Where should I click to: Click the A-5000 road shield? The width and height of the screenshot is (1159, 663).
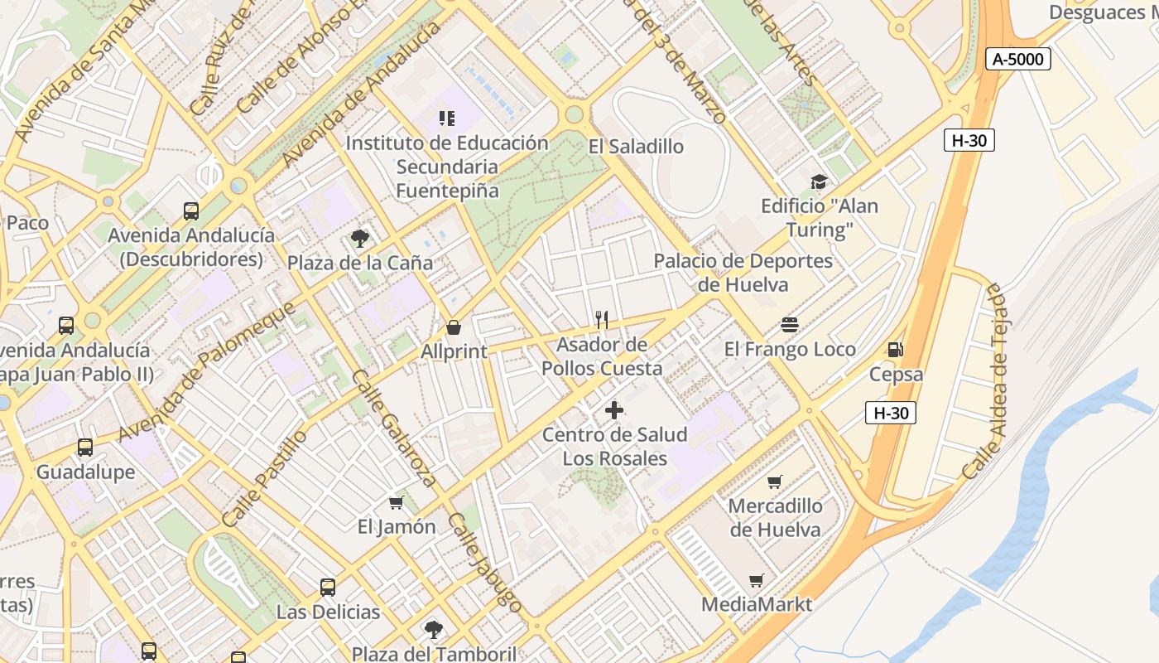pyautogui.click(x=1019, y=59)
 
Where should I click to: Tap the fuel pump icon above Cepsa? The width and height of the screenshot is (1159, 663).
pyautogui.click(x=895, y=350)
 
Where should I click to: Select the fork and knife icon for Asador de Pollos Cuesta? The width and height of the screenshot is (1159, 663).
pyautogui.click(x=603, y=319)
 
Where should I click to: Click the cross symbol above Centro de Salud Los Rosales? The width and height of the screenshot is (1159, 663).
pyautogui.click(x=614, y=409)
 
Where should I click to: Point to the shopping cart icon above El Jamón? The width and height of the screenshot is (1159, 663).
pyautogui.click(x=397, y=502)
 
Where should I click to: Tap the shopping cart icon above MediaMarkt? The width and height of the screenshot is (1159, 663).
pyautogui.click(x=756, y=580)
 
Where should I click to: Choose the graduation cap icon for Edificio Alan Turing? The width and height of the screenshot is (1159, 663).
pyautogui.click(x=819, y=182)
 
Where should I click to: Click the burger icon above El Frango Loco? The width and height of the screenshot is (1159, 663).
pyautogui.click(x=789, y=325)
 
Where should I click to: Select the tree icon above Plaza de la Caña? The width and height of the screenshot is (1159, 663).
pyautogui.click(x=360, y=239)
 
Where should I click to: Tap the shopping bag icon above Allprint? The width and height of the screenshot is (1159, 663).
pyautogui.click(x=454, y=327)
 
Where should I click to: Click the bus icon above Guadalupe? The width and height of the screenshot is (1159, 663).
pyautogui.click(x=85, y=448)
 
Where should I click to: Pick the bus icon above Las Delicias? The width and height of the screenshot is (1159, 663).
pyautogui.click(x=328, y=588)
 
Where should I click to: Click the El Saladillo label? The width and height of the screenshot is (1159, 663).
pyautogui.click(x=636, y=147)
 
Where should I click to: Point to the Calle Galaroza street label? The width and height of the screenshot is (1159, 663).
pyautogui.click(x=394, y=428)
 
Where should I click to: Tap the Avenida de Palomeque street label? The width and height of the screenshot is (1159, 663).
pyautogui.click(x=207, y=372)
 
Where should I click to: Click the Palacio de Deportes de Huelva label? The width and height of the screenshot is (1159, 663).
pyautogui.click(x=743, y=273)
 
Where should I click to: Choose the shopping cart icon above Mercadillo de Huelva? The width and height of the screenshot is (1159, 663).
pyautogui.click(x=775, y=482)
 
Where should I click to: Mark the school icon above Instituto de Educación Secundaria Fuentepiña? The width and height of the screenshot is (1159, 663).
pyautogui.click(x=447, y=119)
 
